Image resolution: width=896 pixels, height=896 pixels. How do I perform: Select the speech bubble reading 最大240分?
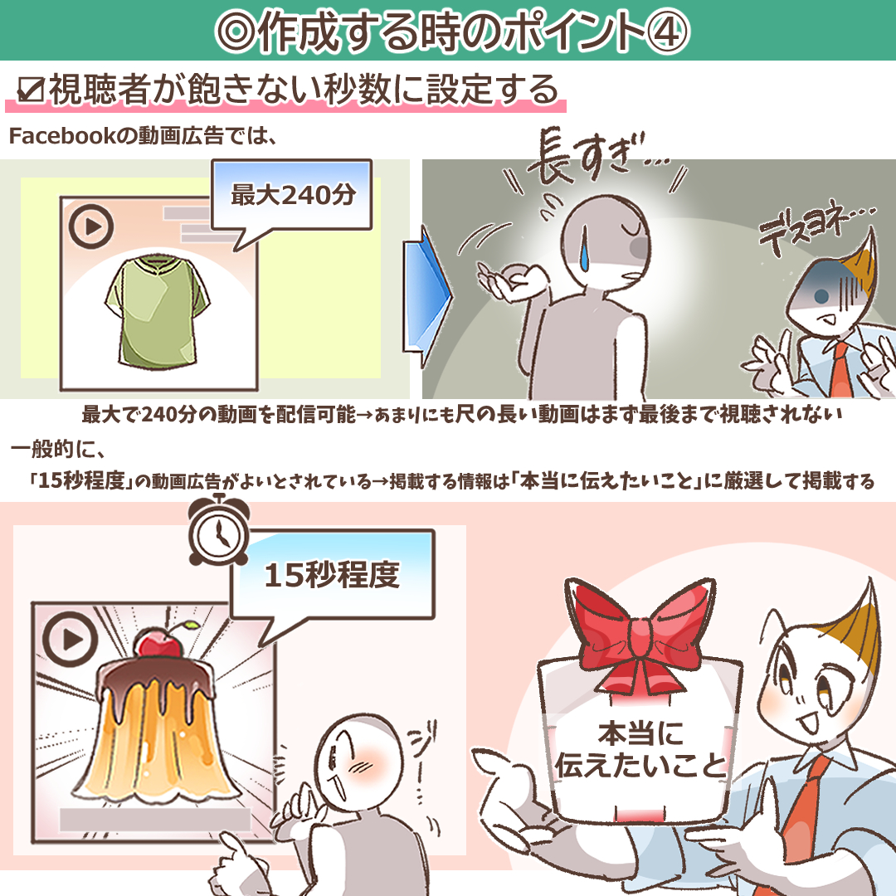[293, 197]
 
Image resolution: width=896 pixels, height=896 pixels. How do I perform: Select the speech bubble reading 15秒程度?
[332, 574]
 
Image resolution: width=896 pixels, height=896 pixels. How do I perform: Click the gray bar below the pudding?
[154, 820]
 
